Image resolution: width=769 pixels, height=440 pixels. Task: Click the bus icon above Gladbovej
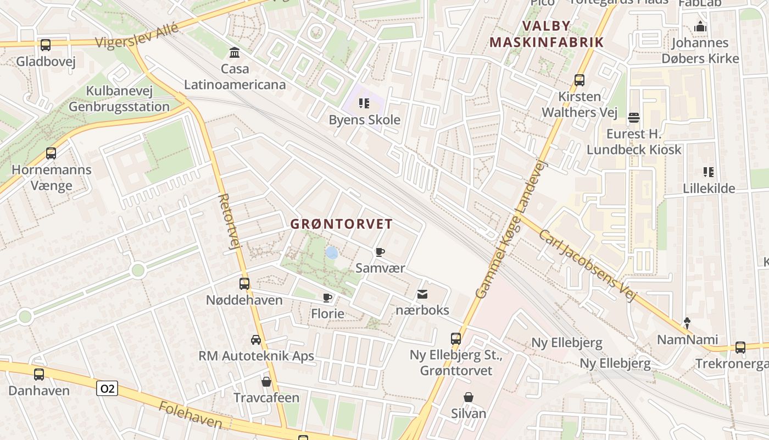45,45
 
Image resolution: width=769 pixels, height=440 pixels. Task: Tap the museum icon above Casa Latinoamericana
235,53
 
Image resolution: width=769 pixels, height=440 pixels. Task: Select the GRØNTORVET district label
341,224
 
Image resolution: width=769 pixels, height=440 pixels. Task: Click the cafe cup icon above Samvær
380,252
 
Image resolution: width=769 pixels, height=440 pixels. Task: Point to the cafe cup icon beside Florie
327,298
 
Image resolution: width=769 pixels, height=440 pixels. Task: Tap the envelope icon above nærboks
422,294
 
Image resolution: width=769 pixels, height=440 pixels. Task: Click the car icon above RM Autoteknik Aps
256,339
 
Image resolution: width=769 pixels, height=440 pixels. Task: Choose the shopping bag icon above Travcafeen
266,381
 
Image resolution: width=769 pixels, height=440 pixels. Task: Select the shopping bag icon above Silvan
469,397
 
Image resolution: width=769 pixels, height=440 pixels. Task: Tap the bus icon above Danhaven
38,375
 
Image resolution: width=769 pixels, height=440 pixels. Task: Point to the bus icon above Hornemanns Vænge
51,153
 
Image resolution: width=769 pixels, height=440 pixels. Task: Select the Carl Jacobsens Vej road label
587,265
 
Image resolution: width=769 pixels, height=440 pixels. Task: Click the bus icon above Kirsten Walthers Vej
579,80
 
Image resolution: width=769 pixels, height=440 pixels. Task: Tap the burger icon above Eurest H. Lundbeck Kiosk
633,117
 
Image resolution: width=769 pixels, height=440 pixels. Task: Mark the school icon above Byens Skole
364,103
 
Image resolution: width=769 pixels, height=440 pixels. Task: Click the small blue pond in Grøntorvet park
331,252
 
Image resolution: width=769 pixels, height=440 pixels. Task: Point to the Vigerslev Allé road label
137,35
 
